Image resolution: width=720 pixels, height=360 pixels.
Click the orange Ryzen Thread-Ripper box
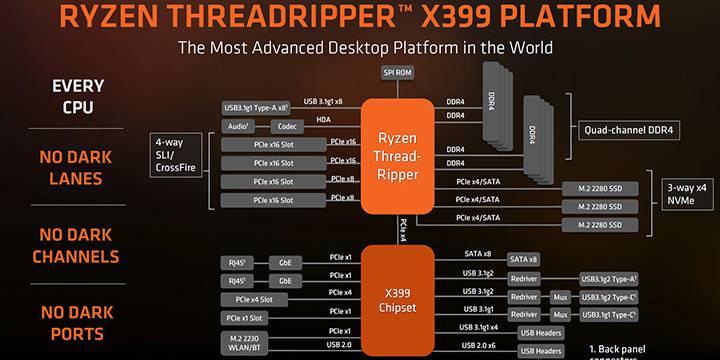click(398, 156)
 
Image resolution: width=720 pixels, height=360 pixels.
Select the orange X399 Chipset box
click(398, 296)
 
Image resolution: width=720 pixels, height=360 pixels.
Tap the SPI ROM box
click(398, 74)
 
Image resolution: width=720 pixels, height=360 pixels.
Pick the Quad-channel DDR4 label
click(627, 129)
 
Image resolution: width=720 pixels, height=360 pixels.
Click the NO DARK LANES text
click(77, 169)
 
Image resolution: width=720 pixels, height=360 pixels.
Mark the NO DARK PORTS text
click(77, 321)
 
